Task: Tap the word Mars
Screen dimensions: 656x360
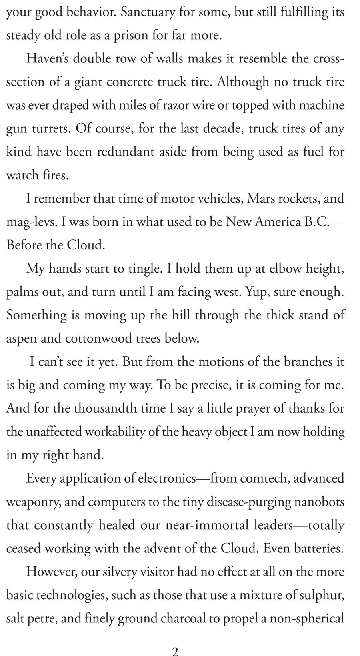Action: [263, 199]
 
